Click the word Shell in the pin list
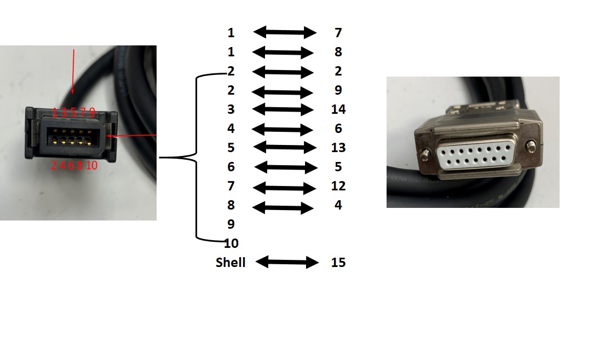point(231,263)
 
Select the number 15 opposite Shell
point(338,263)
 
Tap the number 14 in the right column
point(338,109)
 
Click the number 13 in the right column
point(338,148)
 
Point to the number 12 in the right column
point(338,186)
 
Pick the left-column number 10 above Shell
point(231,243)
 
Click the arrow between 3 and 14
point(283,109)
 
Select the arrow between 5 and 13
point(285,148)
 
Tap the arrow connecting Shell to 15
point(287,263)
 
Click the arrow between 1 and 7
point(285,33)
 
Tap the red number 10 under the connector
point(91,165)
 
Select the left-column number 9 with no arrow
point(231,224)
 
